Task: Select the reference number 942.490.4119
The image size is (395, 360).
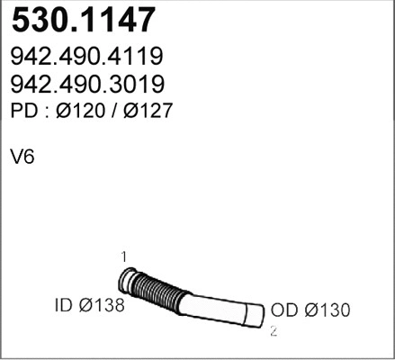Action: point(85,58)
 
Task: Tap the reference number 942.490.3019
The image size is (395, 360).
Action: point(85,85)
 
